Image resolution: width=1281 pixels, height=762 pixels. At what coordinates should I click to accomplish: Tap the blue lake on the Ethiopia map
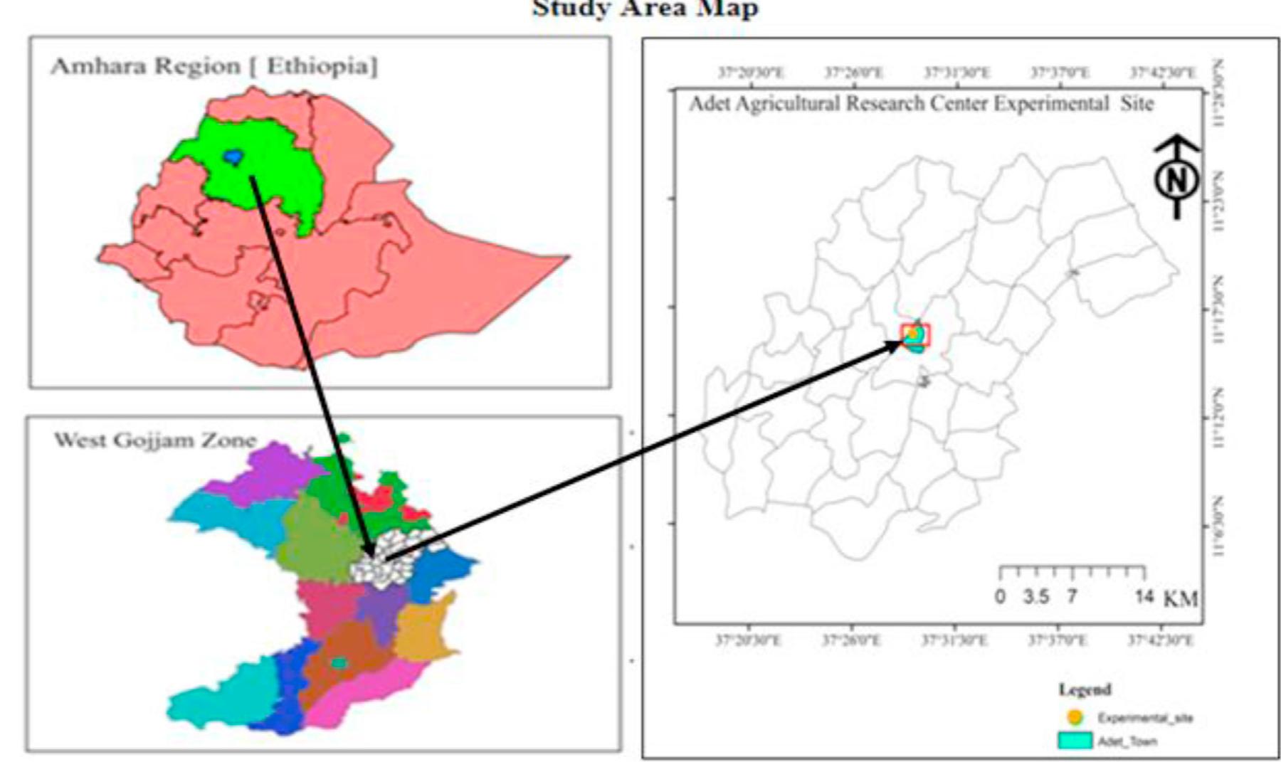[232, 156]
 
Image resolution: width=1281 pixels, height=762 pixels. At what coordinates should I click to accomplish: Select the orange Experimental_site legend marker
[1075, 716]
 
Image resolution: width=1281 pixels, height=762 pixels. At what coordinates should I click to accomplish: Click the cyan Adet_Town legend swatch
[1075, 740]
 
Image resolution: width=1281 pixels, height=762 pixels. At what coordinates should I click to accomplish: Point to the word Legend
[1085, 689]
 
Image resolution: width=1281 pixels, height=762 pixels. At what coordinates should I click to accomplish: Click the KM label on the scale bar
[1181, 599]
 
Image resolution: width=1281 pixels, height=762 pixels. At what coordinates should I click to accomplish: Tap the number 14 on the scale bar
[1144, 596]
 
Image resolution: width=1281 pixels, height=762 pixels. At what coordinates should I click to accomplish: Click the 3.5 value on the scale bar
[1035, 596]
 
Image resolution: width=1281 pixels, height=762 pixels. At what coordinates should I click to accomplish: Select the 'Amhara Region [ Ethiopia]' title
[214, 66]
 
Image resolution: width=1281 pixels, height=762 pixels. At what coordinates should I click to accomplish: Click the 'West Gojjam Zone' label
[154, 440]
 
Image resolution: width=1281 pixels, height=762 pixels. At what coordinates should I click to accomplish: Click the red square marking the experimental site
[915, 334]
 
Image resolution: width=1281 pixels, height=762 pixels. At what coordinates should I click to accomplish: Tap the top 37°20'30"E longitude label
[752, 73]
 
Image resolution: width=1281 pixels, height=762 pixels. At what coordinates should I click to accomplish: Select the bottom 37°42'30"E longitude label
[1161, 640]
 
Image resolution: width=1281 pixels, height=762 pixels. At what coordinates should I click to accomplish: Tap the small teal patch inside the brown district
[339, 663]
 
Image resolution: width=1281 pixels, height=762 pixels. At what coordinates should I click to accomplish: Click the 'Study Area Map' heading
[645, 9]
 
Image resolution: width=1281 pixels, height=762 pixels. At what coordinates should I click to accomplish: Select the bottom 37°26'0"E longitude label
[851, 640]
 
